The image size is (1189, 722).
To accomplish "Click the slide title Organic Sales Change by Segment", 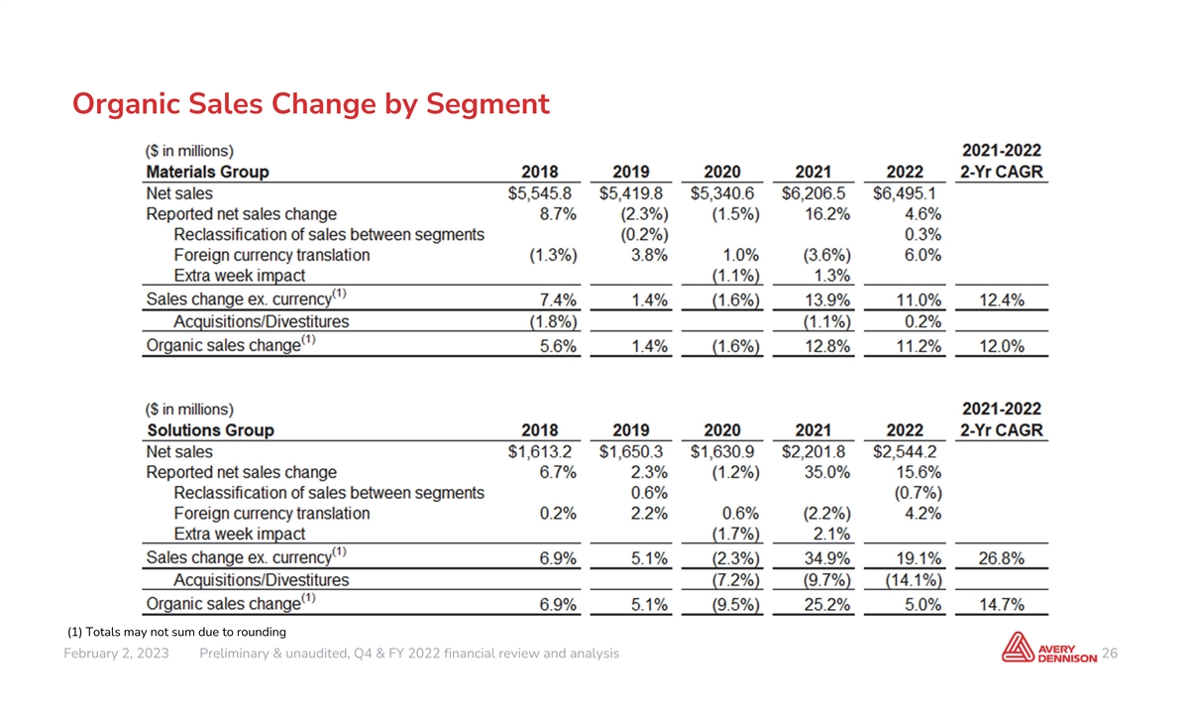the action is pos(310,104).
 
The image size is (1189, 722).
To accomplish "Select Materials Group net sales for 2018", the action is pos(539,193).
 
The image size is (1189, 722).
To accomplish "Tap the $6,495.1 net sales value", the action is pos(905,193).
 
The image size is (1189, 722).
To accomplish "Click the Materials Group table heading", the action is pos(207,173).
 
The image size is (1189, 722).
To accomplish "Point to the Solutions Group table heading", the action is pos(210,430).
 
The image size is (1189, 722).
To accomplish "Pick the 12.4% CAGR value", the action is pos(1001,301).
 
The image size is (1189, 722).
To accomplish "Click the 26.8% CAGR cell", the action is pos(1001,558).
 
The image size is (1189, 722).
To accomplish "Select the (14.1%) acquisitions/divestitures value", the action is pos(914,580).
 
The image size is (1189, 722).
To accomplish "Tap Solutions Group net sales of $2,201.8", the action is pos(813,451).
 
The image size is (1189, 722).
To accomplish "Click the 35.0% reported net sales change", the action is pos(827,472).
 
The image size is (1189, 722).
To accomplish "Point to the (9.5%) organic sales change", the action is pos(735,605).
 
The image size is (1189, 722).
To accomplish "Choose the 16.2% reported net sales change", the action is pos(827,214).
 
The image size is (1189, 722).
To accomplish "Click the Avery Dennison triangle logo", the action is pos(1018,648).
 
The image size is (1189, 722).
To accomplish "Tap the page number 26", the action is pos(1110,654).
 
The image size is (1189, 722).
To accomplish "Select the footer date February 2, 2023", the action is pos(116,654).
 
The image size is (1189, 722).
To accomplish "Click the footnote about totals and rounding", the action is pos(176,632).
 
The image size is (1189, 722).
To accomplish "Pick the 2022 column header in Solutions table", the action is pos(905,430).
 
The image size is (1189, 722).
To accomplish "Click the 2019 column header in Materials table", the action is pos(630,173).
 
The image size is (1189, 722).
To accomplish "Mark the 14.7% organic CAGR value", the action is pos(1001,605).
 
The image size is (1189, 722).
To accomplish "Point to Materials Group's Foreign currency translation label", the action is pos(271,256).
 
